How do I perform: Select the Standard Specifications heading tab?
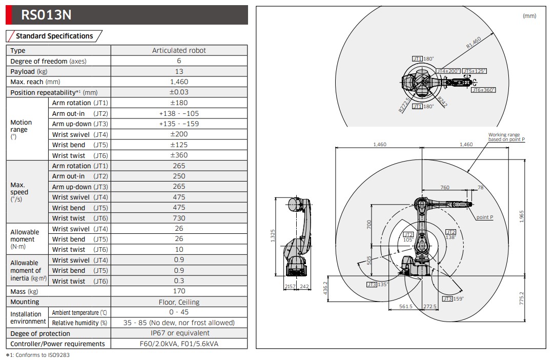(54, 36)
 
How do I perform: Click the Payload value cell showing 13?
(179, 71)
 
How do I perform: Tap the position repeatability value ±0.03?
(179, 92)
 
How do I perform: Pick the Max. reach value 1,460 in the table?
(179, 82)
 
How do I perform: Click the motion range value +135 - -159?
(179, 124)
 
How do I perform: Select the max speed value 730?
(179, 218)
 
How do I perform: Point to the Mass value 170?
(179, 291)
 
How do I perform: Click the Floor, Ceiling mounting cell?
(179, 302)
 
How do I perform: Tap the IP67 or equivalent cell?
(179, 333)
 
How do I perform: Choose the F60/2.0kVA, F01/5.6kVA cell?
(179, 344)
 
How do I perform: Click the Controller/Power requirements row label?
(58, 344)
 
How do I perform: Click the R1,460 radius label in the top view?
(474, 43)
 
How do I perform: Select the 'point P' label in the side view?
(484, 217)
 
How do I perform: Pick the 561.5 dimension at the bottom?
(406, 307)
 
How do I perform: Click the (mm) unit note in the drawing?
(529, 16)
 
